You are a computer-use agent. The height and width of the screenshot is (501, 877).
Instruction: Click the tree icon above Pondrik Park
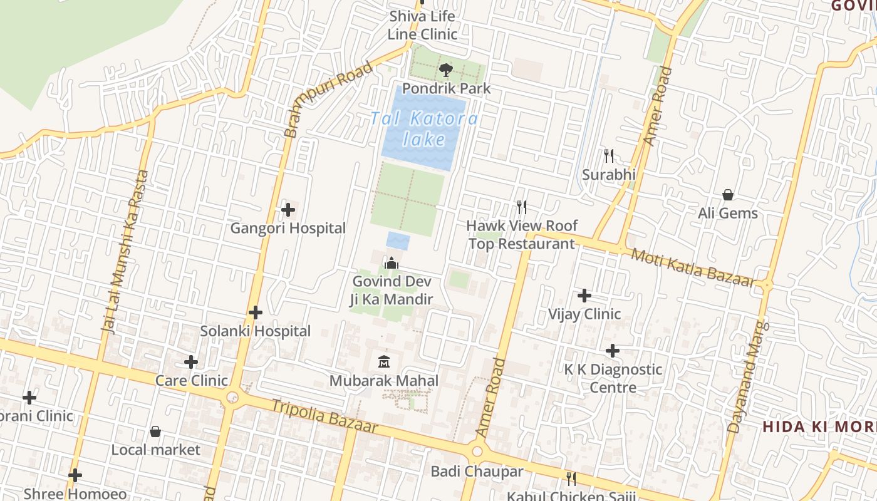[x=445, y=70]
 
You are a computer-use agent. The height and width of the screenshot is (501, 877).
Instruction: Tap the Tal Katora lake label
[x=424, y=128]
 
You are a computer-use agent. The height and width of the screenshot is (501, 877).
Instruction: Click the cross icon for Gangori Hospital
[x=288, y=210]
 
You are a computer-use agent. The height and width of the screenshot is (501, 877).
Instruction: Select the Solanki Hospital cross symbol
[x=256, y=312]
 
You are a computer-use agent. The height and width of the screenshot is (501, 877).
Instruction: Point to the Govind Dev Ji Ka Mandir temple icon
[x=392, y=263]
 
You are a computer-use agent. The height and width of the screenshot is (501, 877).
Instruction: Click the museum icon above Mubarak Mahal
[x=384, y=362]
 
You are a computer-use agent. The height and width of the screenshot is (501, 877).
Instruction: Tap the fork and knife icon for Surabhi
[x=608, y=156]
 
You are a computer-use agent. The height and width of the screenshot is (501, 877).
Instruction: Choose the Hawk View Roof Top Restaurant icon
[x=521, y=207]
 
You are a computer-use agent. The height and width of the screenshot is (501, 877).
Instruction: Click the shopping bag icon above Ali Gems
[x=728, y=195]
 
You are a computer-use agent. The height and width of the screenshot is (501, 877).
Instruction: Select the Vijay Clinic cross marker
[x=584, y=295]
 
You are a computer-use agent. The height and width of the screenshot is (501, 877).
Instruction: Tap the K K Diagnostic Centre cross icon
[x=613, y=351]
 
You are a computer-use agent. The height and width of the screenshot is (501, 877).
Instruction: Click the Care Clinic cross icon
[x=191, y=362]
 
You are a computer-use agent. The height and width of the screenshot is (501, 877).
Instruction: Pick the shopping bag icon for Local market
[x=155, y=431]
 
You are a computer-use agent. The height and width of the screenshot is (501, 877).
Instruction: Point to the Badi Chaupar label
[x=477, y=471]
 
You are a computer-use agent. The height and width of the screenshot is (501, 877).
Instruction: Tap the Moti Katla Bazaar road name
[x=692, y=267]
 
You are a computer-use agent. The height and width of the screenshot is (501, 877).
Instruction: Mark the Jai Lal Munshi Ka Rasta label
[x=126, y=250]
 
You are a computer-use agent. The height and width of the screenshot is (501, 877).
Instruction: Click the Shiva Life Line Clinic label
[x=422, y=25]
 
